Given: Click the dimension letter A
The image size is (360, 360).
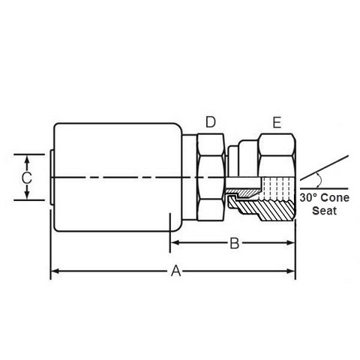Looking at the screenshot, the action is (x=175, y=271).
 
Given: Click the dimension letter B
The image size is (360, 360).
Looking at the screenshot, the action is (x=235, y=243).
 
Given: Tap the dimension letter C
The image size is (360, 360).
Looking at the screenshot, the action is (x=26, y=178).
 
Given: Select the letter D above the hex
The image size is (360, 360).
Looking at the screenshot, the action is (x=211, y=122).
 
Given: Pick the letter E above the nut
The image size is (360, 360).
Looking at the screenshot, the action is (x=277, y=123).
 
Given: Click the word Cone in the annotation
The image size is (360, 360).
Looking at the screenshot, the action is (x=335, y=198).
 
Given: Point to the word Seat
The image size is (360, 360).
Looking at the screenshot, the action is (x=324, y=211).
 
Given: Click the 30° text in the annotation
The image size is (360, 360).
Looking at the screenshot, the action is (x=309, y=197).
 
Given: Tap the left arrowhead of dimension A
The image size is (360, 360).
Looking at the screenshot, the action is (x=55, y=271).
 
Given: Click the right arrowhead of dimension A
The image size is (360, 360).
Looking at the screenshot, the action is (x=291, y=271).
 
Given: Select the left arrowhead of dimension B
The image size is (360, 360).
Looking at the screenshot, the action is (x=174, y=243).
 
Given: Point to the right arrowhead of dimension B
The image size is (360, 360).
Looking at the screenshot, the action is (x=291, y=243).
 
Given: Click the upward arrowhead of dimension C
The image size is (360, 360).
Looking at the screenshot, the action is (x=27, y=159).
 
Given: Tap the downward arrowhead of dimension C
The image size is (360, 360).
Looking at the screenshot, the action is (x=27, y=196).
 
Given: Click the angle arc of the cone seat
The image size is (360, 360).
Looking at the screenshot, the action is (x=320, y=180).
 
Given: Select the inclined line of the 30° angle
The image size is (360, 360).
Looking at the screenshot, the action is (x=324, y=167).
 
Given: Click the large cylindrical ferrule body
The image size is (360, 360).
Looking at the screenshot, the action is (x=117, y=177).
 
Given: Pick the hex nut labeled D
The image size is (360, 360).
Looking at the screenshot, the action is (x=211, y=177).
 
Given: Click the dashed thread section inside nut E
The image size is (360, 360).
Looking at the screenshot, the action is (x=277, y=188).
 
